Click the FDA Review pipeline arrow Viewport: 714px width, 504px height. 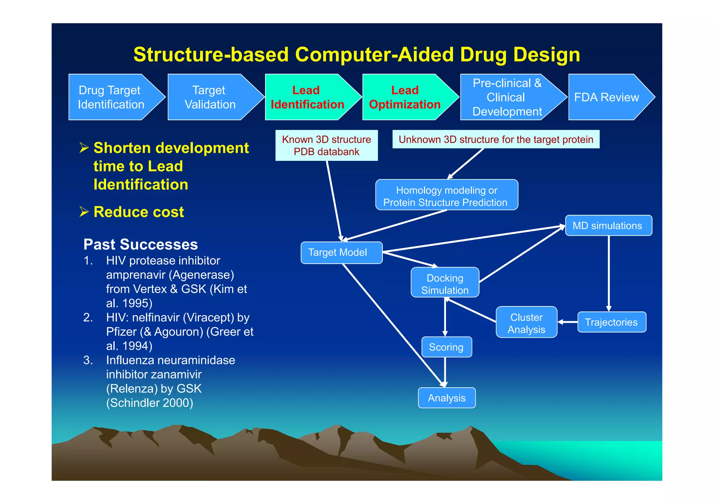point(607,97)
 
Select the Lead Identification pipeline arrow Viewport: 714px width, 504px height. point(307,97)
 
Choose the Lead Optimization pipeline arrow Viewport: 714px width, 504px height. point(404,97)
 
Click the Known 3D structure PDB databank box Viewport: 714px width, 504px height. point(326,145)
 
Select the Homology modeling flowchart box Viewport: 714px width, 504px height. point(446,195)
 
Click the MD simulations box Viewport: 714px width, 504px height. point(608,225)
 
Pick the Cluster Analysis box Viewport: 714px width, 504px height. point(526,322)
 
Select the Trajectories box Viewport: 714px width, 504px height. point(612,322)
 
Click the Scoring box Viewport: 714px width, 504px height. point(447,347)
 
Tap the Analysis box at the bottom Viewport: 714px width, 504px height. point(447,398)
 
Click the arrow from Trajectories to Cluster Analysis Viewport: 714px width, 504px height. point(568,322)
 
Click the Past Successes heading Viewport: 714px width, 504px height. point(140,244)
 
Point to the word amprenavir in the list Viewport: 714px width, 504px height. point(136,275)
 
